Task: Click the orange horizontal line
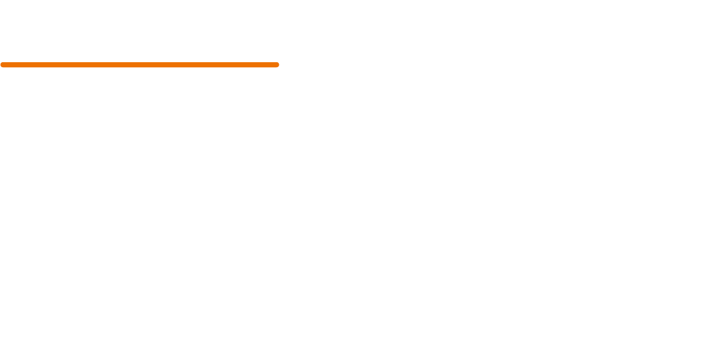[139, 65]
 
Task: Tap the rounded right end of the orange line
[277, 65]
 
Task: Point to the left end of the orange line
[3, 65]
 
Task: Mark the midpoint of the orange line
[139, 65]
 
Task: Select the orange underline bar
[139, 65]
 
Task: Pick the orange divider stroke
[139, 65]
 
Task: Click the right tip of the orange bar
[277, 65]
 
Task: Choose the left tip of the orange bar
[3, 65]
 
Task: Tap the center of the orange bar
[139, 65]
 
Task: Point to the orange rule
[139, 65]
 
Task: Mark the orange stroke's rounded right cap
[277, 65]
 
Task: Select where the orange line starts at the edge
[2, 65]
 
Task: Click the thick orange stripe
[139, 65]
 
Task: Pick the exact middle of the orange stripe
[139, 65]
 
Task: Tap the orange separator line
[139, 65]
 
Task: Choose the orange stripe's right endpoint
[277, 65]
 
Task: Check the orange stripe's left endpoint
[3, 65]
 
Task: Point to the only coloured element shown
[139, 65]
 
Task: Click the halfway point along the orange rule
[139, 65]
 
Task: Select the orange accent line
[139, 65]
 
